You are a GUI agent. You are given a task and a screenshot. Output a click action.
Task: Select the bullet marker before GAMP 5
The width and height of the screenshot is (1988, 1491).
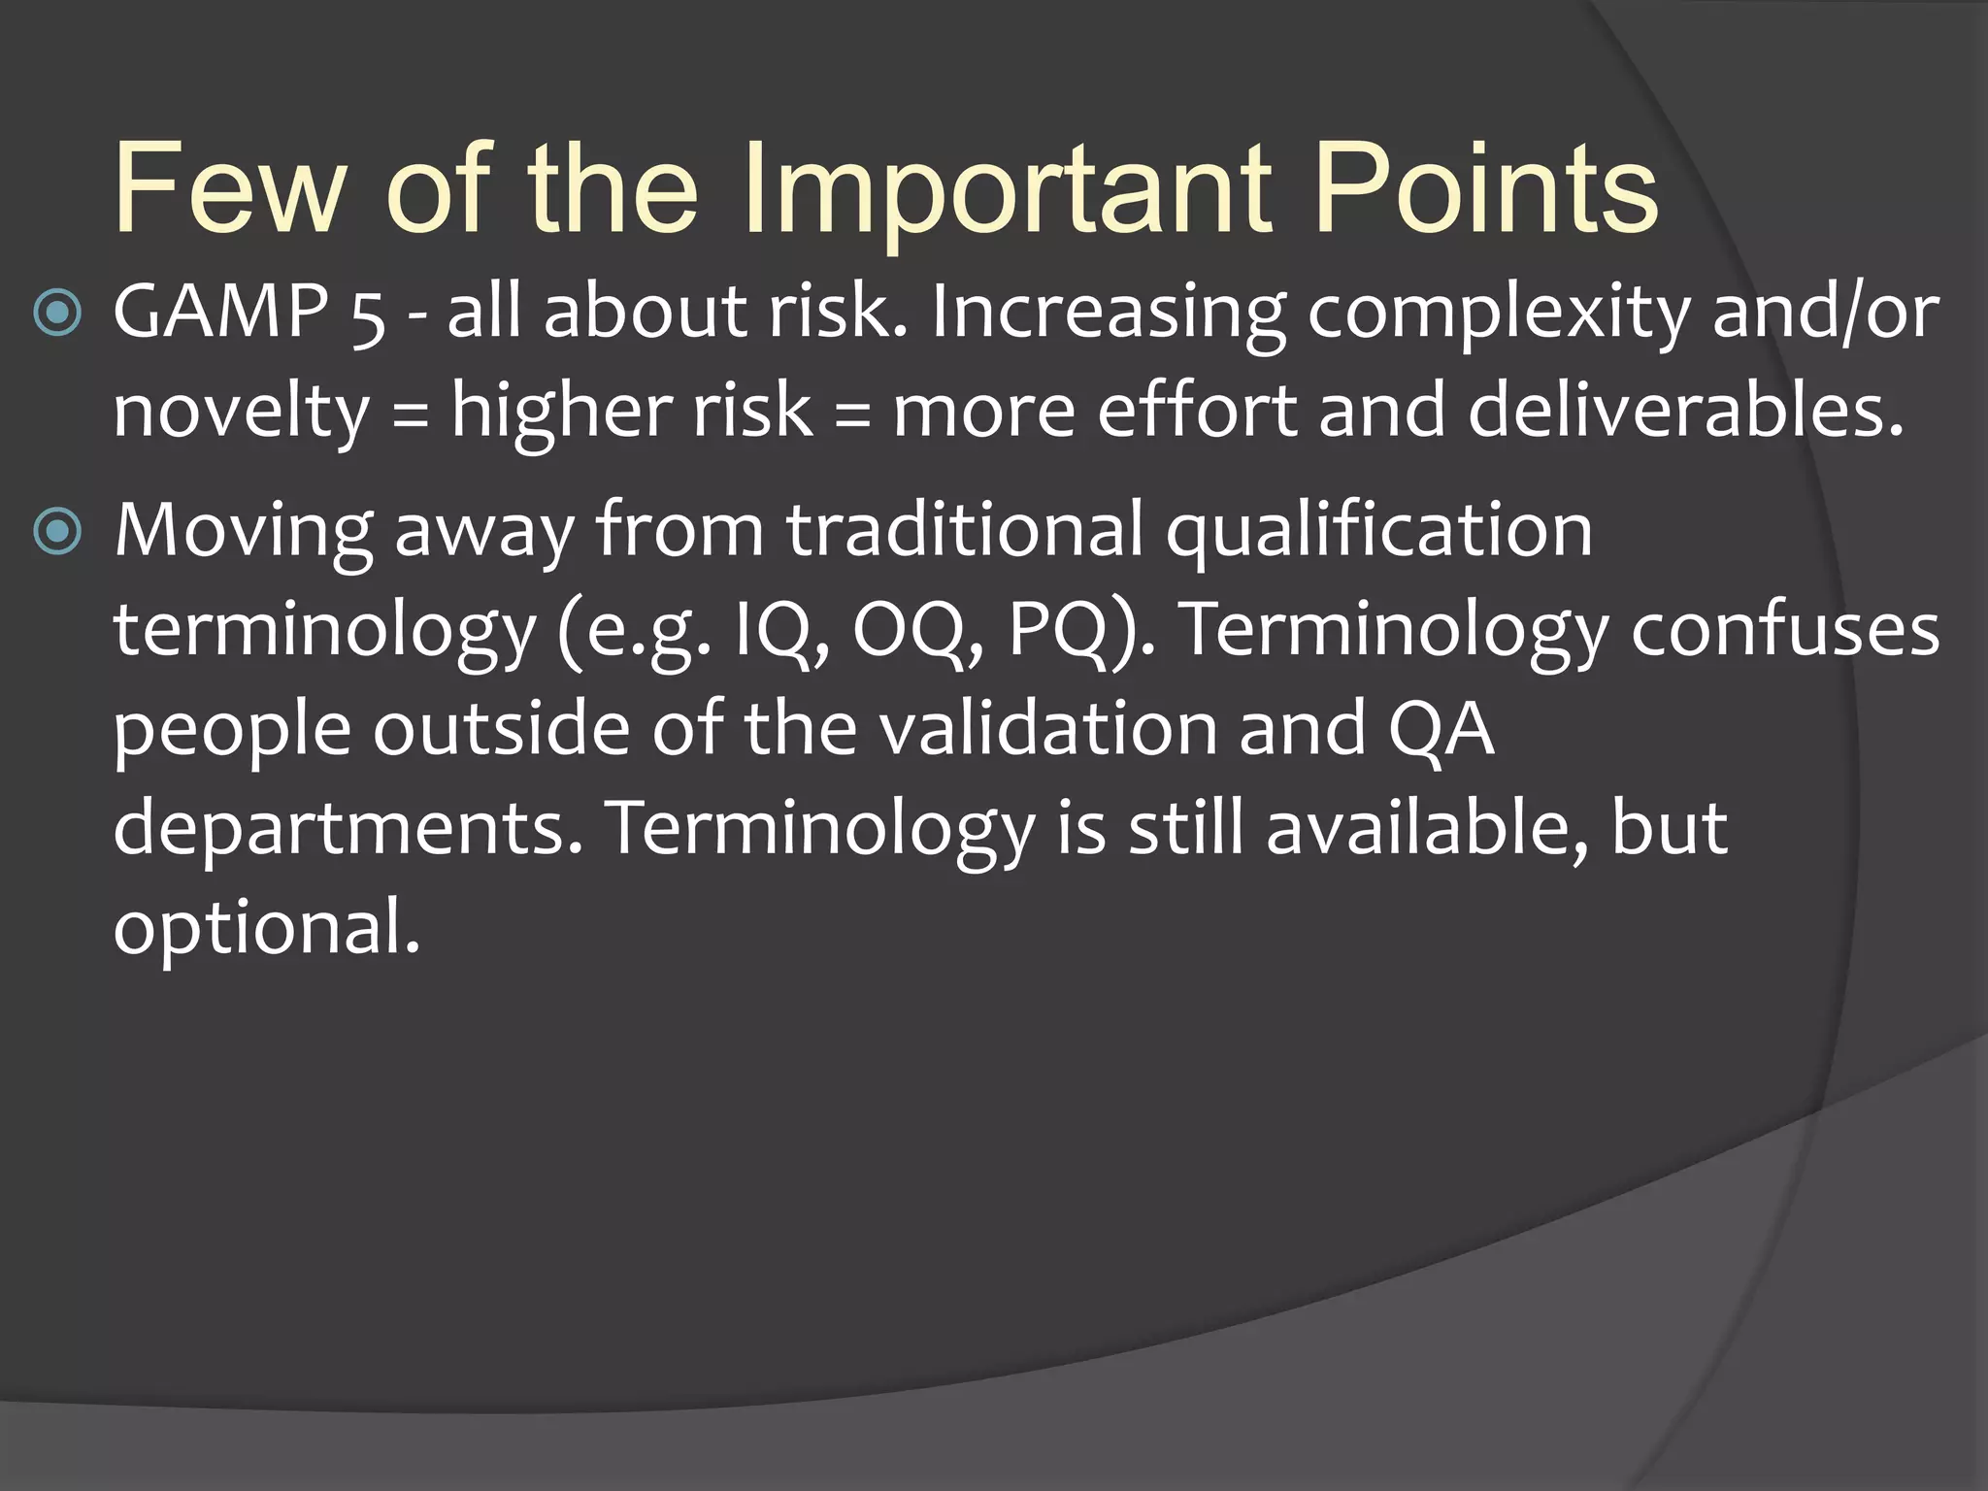[x=57, y=314]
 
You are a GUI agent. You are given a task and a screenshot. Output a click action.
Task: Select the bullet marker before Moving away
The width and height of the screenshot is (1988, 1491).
[x=57, y=531]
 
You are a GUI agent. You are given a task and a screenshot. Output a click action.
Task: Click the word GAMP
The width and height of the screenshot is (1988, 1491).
[x=220, y=313]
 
